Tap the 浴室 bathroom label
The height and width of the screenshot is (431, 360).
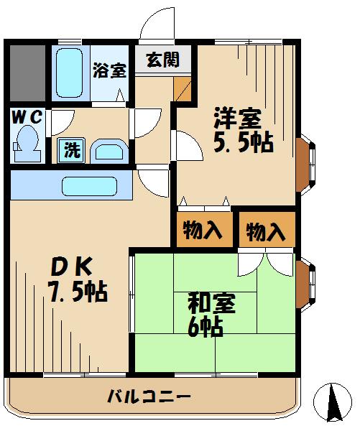tap(109, 70)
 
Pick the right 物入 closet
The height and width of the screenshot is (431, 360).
tap(266, 231)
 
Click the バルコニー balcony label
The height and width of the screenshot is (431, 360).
tap(149, 396)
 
